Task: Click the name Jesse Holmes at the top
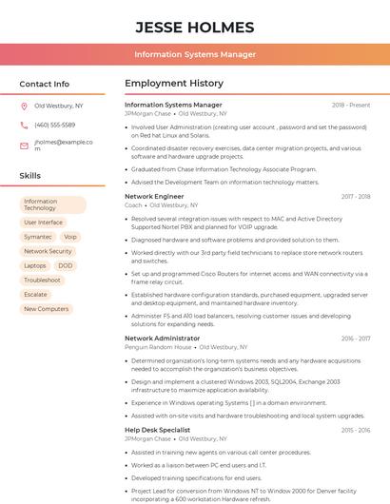(x=194, y=27)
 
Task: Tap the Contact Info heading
(x=45, y=84)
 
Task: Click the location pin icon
(x=24, y=107)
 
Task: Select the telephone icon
(x=24, y=126)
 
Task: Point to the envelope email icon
(x=24, y=145)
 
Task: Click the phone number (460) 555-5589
(x=54, y=126)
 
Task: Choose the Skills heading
(x=30, y=176)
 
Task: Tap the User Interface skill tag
(x=44, y=223)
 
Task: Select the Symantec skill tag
(x=38, y=237)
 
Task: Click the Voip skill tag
(x=70, y=237)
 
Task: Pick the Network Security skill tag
(x=48, y=251)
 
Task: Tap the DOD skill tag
(x=66, y=265)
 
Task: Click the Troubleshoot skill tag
(x=43, y=281)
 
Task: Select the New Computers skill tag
(x=46, y=309)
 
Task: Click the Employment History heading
(x=174, y=84)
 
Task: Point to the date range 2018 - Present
(x=350, y=106)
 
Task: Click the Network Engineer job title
(x=154, y=196)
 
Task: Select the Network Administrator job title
(x=162, y=339)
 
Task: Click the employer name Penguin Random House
(x=158, y=348)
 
